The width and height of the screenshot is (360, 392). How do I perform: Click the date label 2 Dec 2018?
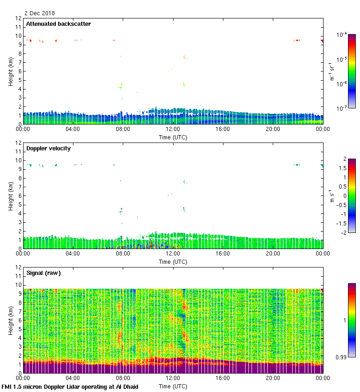point(39,13)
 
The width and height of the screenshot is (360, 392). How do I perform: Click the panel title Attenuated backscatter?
point(59,24)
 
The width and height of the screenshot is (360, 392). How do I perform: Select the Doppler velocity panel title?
point(49,148)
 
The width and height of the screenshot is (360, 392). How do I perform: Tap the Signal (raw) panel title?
point(44,273)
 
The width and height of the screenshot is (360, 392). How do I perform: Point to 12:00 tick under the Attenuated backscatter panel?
point(173,129)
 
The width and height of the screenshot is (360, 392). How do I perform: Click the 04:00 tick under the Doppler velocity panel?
point(73,254)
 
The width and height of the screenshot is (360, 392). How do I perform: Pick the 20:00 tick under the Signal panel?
point(273,378)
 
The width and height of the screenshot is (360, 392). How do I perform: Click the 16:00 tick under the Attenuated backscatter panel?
point(223,129)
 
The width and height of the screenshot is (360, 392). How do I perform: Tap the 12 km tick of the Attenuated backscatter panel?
point(19,18)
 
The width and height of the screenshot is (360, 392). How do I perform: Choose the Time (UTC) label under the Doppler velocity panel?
point(173,261)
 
